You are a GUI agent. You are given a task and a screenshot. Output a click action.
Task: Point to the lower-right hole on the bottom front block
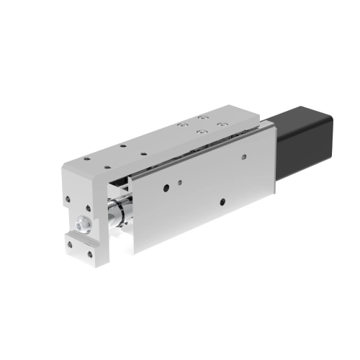[x=91, y=253]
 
